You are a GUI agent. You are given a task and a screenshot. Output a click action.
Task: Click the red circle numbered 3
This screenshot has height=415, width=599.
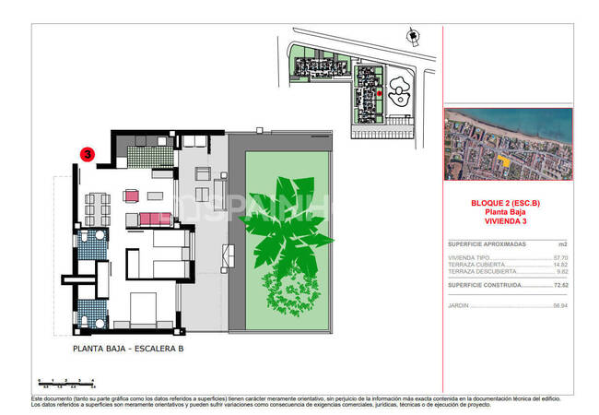[x=88, y=155]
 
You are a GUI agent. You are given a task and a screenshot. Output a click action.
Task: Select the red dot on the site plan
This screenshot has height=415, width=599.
[x=379, y=93]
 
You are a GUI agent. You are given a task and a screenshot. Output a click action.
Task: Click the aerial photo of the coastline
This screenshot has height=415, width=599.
[x=508, y=144]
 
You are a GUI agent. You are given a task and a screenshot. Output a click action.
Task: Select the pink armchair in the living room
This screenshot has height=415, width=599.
[x=130, y=196]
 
